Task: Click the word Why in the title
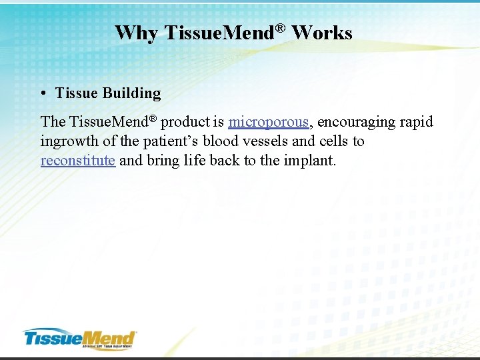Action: click(135, 33)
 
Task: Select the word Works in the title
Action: click(322, 33)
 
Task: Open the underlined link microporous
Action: click(268, 122)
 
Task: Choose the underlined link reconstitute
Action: click(77, 161)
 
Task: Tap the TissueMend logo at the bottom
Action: click(80, 339)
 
